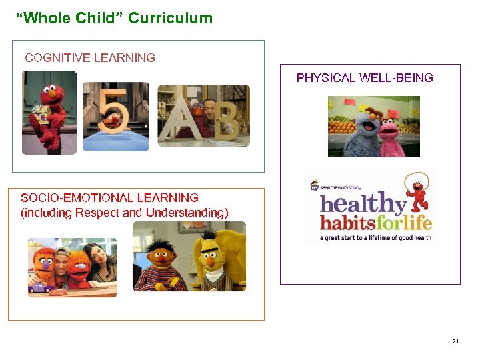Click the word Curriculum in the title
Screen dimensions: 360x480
(170, 18)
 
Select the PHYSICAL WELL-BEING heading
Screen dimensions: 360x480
(365, 78)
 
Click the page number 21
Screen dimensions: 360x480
(455, 342)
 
